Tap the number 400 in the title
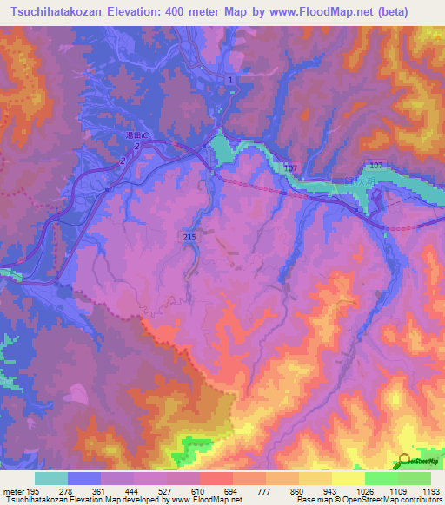[x=179, y=12]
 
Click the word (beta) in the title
[x=408, y=12]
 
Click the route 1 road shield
[x=230, y=80]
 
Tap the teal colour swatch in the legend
[x=51, y=479]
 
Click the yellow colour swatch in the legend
[x=348, y=479]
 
